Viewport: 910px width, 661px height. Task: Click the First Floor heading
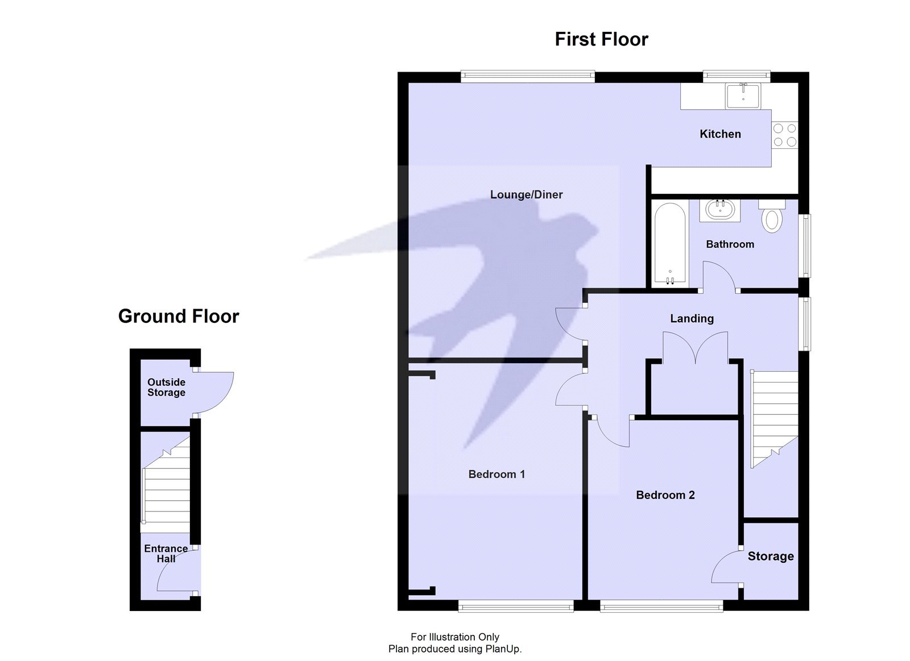[601, 39]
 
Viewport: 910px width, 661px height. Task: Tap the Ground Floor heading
[179, 316]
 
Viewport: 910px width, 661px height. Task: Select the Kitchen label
[720, 134]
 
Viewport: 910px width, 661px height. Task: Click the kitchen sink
[743, 95]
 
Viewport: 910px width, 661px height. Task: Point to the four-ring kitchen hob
[784, 135]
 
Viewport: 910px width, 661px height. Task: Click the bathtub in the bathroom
[670, 244]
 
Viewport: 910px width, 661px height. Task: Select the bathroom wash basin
[719, 210]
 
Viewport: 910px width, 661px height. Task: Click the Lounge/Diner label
[526, 195]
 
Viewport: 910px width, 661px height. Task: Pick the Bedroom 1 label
[497, 475]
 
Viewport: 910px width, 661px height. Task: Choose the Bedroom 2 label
[665, 495]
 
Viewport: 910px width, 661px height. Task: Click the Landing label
[692, 319]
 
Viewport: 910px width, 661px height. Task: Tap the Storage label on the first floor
[771, 556]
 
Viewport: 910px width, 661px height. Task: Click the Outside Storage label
[166, 388]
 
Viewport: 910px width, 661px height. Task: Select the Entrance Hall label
[166, 554]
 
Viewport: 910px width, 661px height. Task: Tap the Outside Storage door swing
[215, 392]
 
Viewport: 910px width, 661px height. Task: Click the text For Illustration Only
[455, 637]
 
